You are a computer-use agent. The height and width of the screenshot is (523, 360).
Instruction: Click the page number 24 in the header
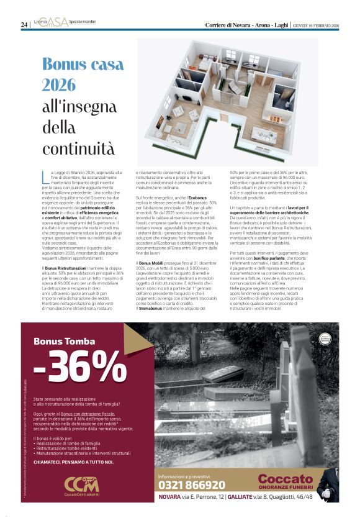tap(24, 24)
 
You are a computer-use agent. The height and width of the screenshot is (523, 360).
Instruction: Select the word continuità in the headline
tap(78, 148)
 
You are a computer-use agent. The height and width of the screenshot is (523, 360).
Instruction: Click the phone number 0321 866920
tap(192, 485)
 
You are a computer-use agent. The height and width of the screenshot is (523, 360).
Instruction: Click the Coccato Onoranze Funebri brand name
tap(285, 481)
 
